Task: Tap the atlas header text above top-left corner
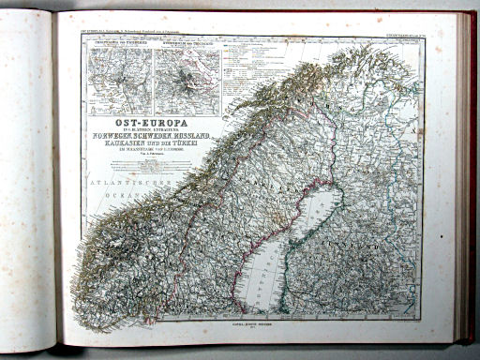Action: pos(122,32)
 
